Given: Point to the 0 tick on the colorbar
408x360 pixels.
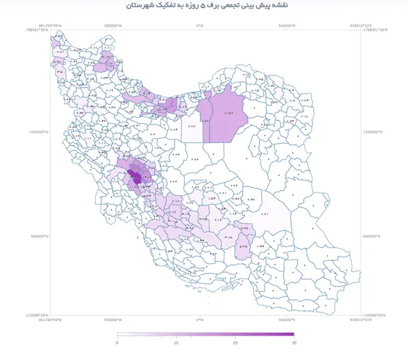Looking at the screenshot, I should click(118, 344).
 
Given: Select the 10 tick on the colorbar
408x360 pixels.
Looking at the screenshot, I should click(176, 344).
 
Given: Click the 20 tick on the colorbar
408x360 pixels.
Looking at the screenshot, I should click(235, 344).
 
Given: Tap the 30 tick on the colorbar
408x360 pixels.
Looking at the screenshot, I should click(294, 344).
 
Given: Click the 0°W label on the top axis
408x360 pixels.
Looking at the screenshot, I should click(199, 27).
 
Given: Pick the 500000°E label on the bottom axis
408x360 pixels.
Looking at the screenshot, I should click(291, 319).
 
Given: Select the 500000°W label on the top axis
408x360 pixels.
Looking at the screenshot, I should click(113, 27).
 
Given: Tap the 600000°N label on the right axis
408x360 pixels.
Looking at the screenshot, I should click(374, 236).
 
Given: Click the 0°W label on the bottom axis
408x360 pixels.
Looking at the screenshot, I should click(199, 319).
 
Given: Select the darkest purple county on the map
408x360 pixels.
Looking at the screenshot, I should click(137, 178).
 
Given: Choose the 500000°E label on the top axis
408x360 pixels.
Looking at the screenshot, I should click(291, 27).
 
